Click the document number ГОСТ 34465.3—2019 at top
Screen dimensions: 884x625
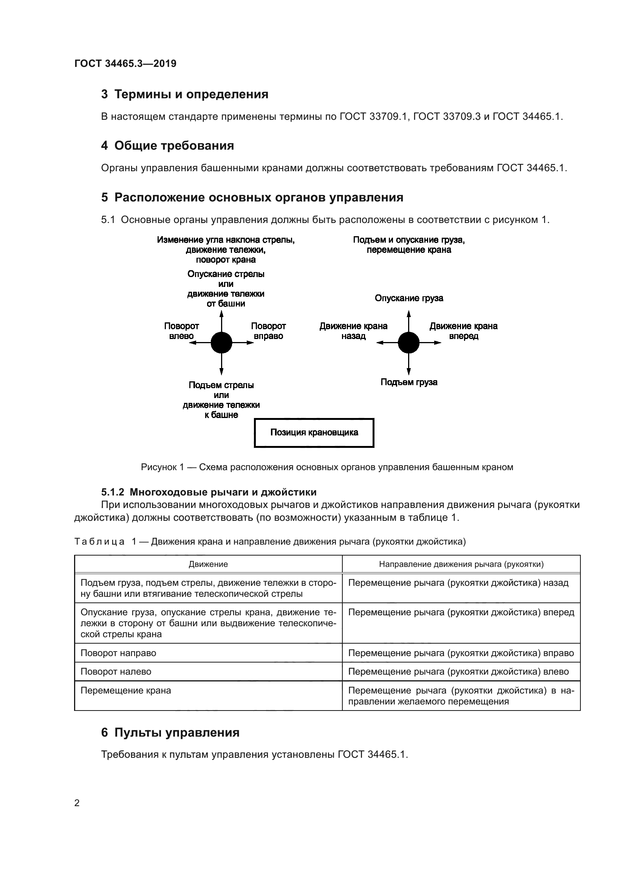click(125, 63)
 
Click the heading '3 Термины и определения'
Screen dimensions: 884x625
click(184, 94)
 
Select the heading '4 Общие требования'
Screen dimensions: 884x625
click(167, 146)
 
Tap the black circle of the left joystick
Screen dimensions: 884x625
click(221, 343)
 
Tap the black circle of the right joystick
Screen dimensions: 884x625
click(408, 343)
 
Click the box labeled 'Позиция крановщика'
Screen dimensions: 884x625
click(314, 432)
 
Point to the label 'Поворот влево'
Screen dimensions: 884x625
click(181, 331)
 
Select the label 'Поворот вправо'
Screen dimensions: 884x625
click(268, 331)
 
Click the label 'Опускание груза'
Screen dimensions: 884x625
click(409, 298)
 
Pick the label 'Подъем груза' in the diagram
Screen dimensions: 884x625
click(409, 382)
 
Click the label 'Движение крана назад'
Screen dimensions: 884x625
click(353, 331)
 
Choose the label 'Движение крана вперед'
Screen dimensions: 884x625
click(463, 331)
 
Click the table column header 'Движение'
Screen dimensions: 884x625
click(208, 564)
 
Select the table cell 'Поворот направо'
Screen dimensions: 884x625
click(118, 653)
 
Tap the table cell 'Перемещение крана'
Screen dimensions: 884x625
click(125, 690)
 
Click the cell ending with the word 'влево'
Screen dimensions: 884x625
click(458, 672)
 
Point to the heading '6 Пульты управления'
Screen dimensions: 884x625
click(170, 732)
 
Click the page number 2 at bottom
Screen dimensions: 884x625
click(77, 803)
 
